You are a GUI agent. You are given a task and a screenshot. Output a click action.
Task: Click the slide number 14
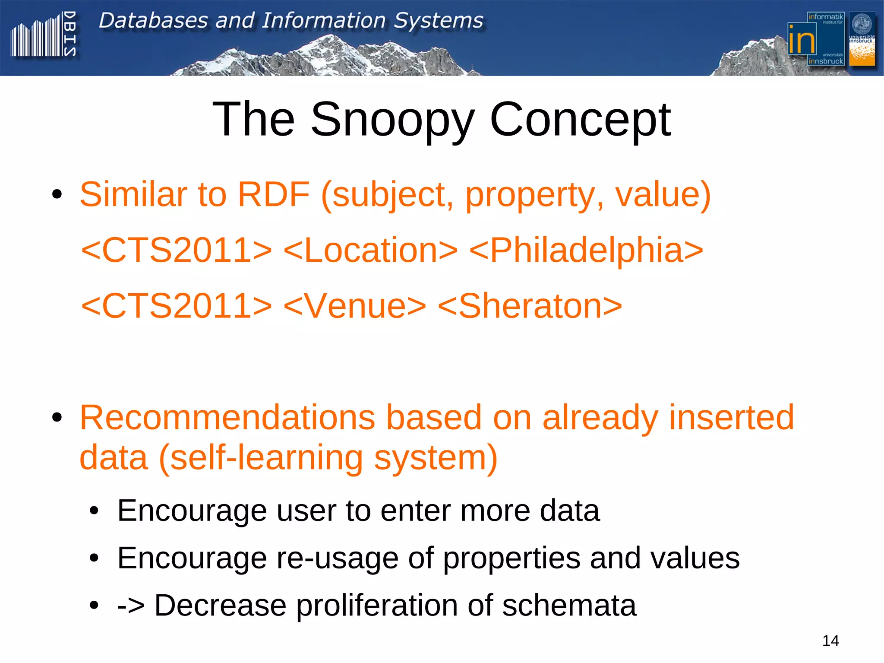tap(830, 641)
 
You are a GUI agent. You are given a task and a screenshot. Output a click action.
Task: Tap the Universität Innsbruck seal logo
tap(862, 39)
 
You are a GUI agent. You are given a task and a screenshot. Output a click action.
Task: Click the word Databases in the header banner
tap(153, 20)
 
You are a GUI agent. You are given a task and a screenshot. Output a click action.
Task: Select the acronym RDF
tap(274, 194)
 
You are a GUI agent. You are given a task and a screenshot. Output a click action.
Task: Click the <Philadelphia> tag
tap(586, 250)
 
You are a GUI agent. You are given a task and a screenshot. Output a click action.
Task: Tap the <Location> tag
tap(370, 250)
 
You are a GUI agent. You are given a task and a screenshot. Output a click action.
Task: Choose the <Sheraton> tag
tap(530, 306)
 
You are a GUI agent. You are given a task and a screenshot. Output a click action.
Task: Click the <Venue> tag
tap(355, 306)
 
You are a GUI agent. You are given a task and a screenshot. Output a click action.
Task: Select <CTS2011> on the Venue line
tap(177, 306)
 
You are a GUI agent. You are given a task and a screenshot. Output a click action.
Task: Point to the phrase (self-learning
tap(261, 458)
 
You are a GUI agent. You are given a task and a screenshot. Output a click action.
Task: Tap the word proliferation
tap(376, 605)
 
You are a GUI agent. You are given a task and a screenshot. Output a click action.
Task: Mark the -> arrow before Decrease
tap(131, 605)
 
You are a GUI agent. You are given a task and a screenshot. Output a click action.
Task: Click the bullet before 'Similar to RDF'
tap(57, 195)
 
